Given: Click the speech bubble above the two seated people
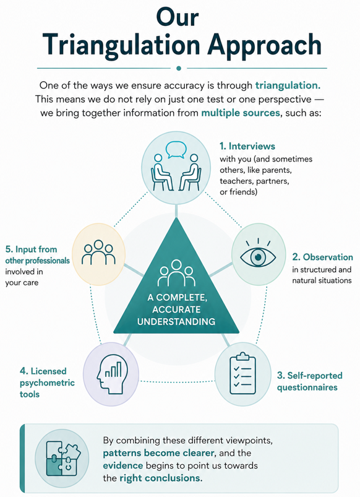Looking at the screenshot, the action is pyautogui.click(x=176, y=150).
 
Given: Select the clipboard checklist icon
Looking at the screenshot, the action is pyautogui.click(x=242, y=373).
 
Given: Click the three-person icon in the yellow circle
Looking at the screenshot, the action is pyautogui.click(x=98, y=253).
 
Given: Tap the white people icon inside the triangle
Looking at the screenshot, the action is pyautogui.click(x=176, y=273).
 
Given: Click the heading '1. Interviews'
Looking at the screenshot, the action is pyautogui.click(x=247, y=146).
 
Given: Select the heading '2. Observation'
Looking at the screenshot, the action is pyautogui.click(x=322, y=257).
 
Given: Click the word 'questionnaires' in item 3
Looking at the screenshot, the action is pyautogui.click(x=307, y=387).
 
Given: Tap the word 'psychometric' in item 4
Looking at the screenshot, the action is pyautogui.click(x=47, y=383).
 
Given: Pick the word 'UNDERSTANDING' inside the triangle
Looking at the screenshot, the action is pyautogui.click(x=176, y=321).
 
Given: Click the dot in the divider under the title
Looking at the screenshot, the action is pyautogui.click(x=179, y=68).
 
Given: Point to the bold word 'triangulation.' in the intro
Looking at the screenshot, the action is pyautogui.click(x=288, y=85).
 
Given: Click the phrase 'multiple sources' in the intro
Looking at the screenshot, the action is pyautogui.click(x=241, y=113).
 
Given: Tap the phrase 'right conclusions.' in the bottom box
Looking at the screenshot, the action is pyautogui.click(x=161, y=478).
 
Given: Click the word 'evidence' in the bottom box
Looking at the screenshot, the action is pyautogui.click(x=123, y=465).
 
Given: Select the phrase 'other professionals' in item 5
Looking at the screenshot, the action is pyautogui.click(x=37, y=261).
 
